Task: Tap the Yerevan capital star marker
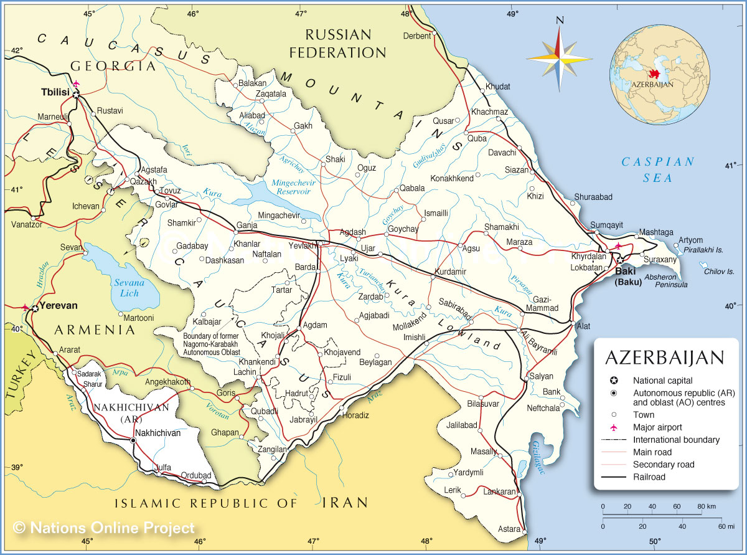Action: (x=35, y=308)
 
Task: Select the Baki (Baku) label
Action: (x=629, y=277)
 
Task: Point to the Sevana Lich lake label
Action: (x=129, y=288)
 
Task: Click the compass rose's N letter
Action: (x=559, y=20)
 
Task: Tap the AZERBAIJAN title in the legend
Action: (x=664, y=358)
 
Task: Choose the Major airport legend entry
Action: (x=657, y=427)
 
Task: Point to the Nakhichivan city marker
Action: (x=133, y=440)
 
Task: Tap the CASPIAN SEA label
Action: (x=659, y=170)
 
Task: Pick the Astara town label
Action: (x=509, y=529)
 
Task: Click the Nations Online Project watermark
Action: (x=104, y=528)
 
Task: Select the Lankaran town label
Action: (x=499, y=491)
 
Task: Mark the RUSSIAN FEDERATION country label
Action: (x=337, y=43)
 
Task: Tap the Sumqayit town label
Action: (x=606, y=225)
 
